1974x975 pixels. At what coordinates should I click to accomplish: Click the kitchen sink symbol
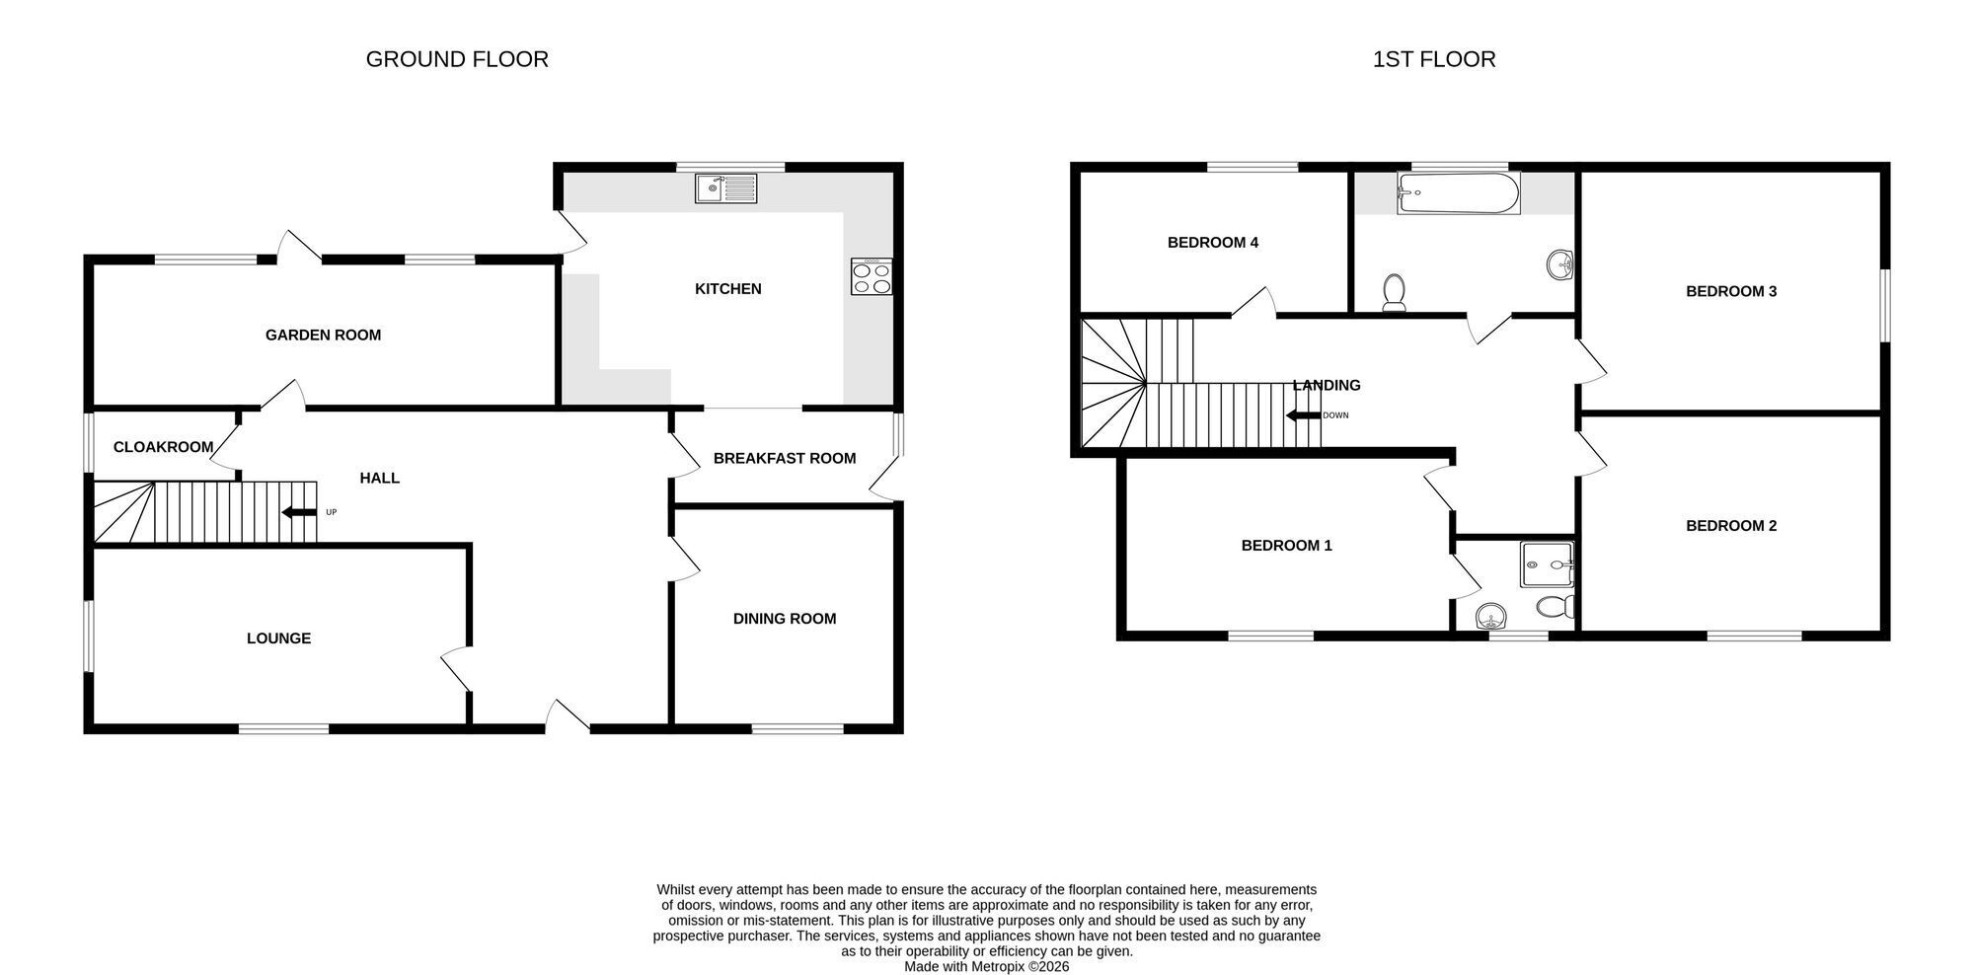tap(725, 188)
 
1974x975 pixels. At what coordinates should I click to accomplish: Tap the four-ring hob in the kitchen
tap(872, 276)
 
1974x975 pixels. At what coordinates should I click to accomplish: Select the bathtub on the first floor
tap(1459, 193)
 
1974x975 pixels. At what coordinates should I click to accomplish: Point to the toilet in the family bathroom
tap(1394, 293)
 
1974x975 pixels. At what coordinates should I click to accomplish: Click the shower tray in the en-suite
tap(1548, 564)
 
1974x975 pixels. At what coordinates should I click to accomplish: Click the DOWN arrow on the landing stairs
tap(1303, 415)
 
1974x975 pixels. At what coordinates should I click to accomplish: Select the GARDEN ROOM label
tap(323, 336)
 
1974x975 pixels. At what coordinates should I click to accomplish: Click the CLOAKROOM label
tap(163, 447)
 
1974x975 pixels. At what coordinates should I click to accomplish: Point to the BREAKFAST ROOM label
tap(785, 458)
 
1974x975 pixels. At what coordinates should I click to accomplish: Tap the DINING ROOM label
tap(785, 619)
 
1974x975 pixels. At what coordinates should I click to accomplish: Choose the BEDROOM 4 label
tap(1213, 243)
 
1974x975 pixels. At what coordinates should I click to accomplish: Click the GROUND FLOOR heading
tap(457, 59)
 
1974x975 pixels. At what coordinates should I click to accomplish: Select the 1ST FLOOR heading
tap(1434, 59)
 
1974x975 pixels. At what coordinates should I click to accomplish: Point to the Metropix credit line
tap(987, 967)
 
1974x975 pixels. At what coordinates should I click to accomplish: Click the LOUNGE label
tap(278, 638)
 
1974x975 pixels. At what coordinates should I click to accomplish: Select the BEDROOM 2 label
tap(1731, 526)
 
